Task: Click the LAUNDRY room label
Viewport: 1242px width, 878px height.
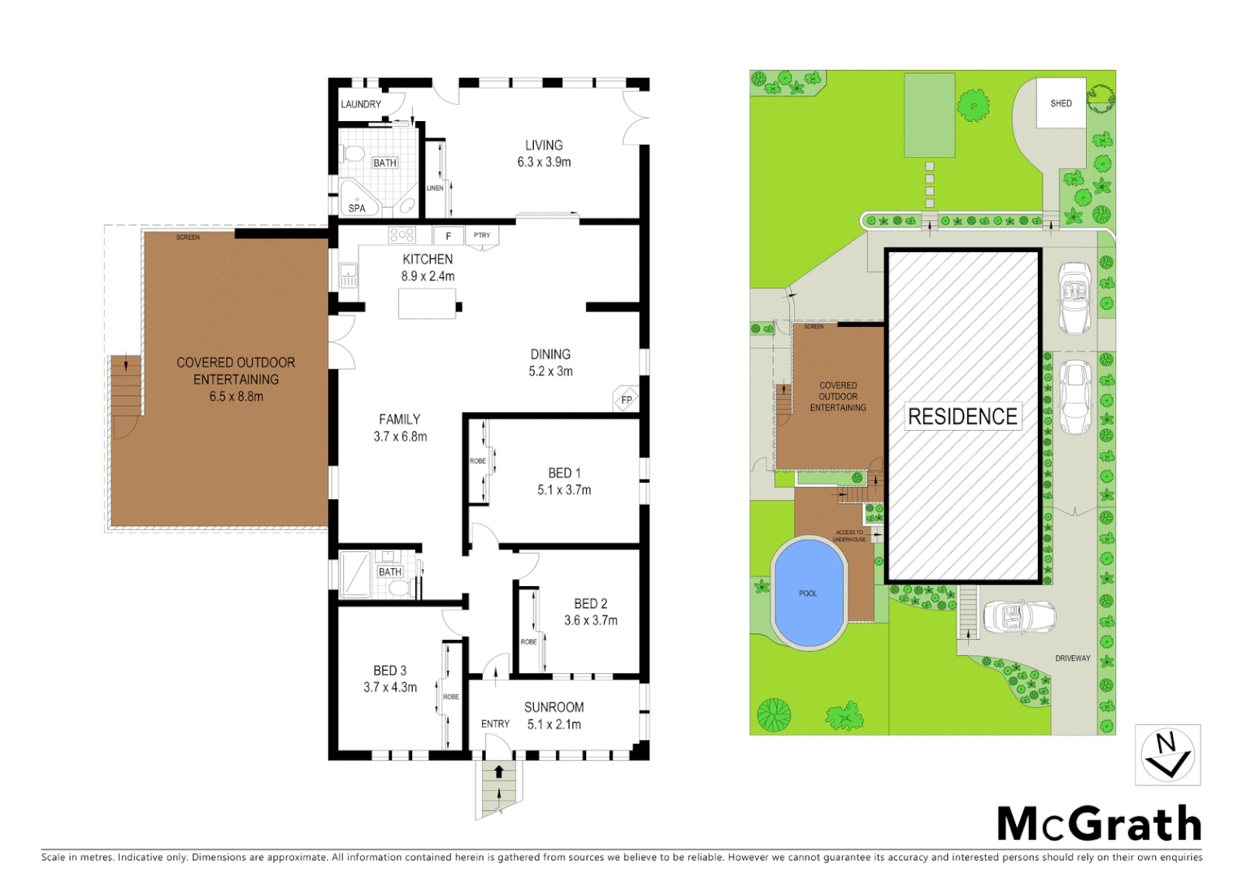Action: point(360,104)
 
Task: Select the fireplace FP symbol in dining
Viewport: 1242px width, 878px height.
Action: point(626,399)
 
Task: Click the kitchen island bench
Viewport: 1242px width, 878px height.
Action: point(428,304)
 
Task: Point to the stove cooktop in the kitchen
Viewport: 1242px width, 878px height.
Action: point(402,235)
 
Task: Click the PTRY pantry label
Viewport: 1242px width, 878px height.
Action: point(482,236)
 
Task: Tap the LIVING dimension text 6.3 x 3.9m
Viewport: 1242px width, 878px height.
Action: point(544,163)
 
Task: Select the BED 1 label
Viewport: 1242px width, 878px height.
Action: point(564,473)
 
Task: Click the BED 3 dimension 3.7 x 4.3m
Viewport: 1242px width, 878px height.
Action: point(390,688)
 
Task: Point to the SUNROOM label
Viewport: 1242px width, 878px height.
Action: point(554,707)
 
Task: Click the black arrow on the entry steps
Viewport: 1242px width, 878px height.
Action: point(499,772)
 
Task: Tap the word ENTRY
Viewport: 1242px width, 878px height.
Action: point(495,724)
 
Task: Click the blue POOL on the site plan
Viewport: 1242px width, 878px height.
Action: point(809,593)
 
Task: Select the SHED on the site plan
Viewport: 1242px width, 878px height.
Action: point(1061,103)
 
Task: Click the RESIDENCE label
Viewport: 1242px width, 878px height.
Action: point(962,416)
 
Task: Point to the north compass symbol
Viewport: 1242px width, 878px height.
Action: point(1167,755)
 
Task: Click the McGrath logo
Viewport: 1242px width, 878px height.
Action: point(1099,824)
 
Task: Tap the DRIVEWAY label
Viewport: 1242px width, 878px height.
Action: point(1072,658)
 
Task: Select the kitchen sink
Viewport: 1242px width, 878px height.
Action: point(348,276)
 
